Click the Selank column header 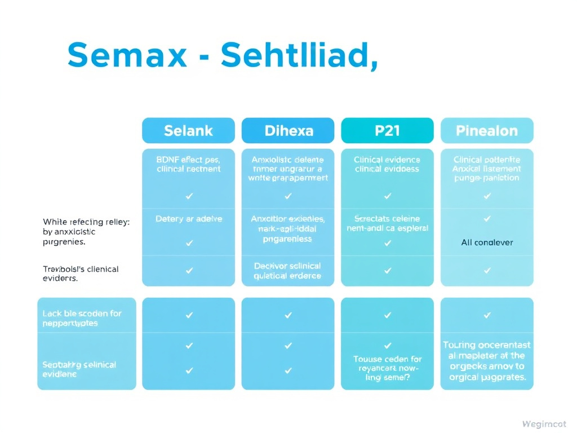[x=188, y=131]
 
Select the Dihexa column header [x=288, y=131]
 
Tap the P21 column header [x=387, y=131]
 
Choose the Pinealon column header [x=487, y=131]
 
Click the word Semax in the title [x=127, y=55]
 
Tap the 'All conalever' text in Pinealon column [x=487, y=243]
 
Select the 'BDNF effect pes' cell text [x=188, y=160]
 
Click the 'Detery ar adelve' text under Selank [x=188, y=219]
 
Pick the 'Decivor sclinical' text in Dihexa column [x=288, y=266]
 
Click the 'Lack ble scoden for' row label [x=82, y=313]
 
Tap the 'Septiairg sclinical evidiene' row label [x=79, y=369]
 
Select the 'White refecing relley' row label [x=86, y=222]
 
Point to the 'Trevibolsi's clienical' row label [x=81, y=269]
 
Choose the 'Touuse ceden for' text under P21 [x=387, y=359]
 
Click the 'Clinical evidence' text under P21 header [x=387, y=160]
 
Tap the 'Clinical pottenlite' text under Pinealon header [x=487, y=160]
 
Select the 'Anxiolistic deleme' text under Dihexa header [x=288, y=160]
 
